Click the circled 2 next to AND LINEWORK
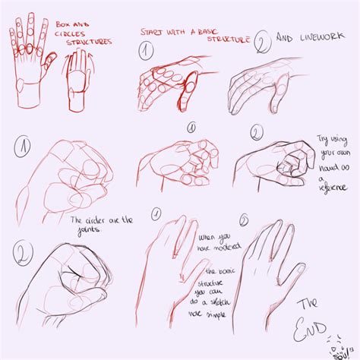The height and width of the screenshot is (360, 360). (262, 42)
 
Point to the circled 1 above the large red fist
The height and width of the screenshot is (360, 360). (24, 145)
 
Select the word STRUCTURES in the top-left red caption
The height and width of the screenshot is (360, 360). (88, 43)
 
